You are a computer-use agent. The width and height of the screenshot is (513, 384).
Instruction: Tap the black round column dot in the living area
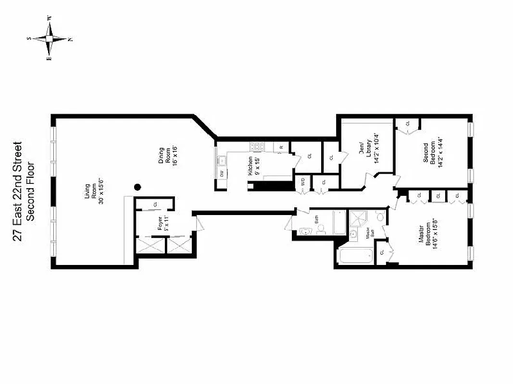(x=138, y=188)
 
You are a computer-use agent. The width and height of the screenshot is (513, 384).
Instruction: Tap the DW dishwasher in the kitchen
(x=222, y=174)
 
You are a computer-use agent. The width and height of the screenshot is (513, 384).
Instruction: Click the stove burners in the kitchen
(x=257, y=147)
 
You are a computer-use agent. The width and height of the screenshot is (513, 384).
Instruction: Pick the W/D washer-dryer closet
(x=303, y=182)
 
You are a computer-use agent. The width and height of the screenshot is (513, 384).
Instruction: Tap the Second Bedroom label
(x=429, y=152)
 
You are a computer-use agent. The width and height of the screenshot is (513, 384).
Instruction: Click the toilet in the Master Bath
(x=380, y=217)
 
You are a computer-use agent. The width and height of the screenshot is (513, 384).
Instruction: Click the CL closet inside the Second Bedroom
(x=407, y=124)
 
